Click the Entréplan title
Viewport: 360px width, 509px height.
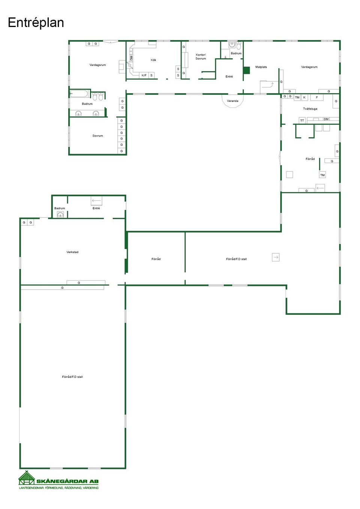[36, 23]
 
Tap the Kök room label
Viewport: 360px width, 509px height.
[153, 60]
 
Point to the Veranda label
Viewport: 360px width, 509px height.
[232, 101]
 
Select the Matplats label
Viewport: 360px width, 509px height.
[261, 67]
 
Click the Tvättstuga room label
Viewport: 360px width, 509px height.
[310, 109]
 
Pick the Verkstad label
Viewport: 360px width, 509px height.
[72, 252]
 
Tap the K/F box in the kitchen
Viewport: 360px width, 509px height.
[144, 75]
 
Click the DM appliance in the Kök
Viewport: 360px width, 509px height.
[131, 58]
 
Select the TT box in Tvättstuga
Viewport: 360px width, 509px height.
[302, 120]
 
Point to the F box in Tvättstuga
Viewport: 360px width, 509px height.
[317, 97]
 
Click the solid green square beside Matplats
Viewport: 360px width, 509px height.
[246, 70]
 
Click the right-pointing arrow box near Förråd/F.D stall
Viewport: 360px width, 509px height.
[276, 257]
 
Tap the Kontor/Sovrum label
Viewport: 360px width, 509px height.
[201, 57]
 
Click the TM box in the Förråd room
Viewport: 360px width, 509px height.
[322, 175]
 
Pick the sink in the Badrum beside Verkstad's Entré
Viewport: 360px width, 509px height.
[60, 214]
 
